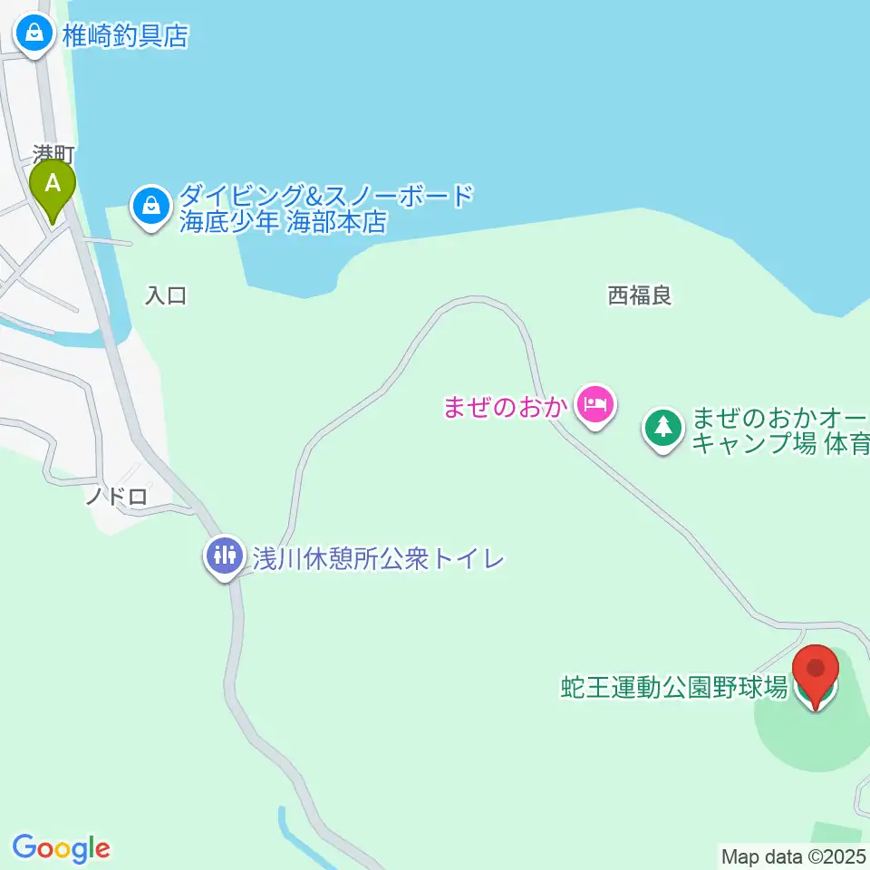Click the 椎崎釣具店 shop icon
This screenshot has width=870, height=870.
34,34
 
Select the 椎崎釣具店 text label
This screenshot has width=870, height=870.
125,35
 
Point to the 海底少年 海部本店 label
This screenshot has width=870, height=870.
283,222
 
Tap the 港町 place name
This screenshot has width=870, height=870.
53,154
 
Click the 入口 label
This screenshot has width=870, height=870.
166,295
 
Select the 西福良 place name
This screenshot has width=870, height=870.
640,295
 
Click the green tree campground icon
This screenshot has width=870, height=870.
663,426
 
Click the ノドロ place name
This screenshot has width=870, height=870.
116,496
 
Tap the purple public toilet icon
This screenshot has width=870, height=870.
223,555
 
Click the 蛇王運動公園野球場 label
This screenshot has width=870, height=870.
673,688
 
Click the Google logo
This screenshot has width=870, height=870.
62,848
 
